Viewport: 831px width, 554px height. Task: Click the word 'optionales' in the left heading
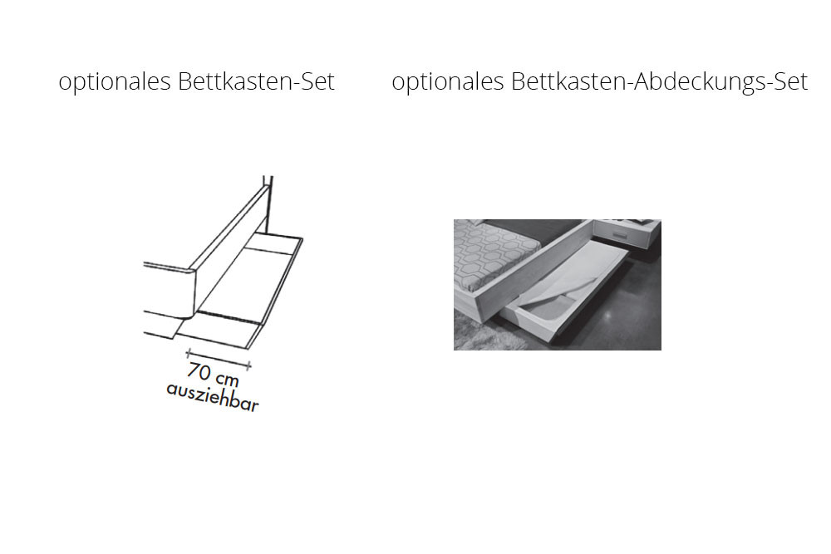click(x=115, y=82)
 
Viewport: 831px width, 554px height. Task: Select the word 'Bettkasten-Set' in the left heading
click(x=257, y=81)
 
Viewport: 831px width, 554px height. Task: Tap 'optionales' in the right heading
click(x=448, y=82)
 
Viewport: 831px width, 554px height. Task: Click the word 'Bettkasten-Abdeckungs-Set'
click(x=660, y=82)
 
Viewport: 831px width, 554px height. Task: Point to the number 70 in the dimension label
click(x=199, y=371)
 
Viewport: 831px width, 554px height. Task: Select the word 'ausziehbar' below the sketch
click(x=213, y=397)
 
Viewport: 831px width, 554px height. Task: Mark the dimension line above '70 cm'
click(x=219, y=359)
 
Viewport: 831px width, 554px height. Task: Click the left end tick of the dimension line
click(x=188, y=353)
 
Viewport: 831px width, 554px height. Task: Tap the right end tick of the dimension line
click(x=249, y=365)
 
